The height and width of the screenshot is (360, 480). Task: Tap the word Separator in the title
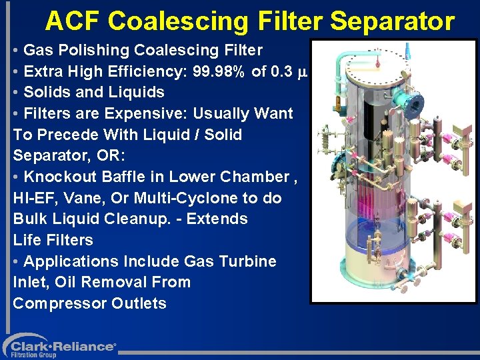click(x=392, y=21)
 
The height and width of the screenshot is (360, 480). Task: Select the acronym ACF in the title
click(x=73, y=21)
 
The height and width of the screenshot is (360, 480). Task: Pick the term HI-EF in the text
click(x=32, y=198)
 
